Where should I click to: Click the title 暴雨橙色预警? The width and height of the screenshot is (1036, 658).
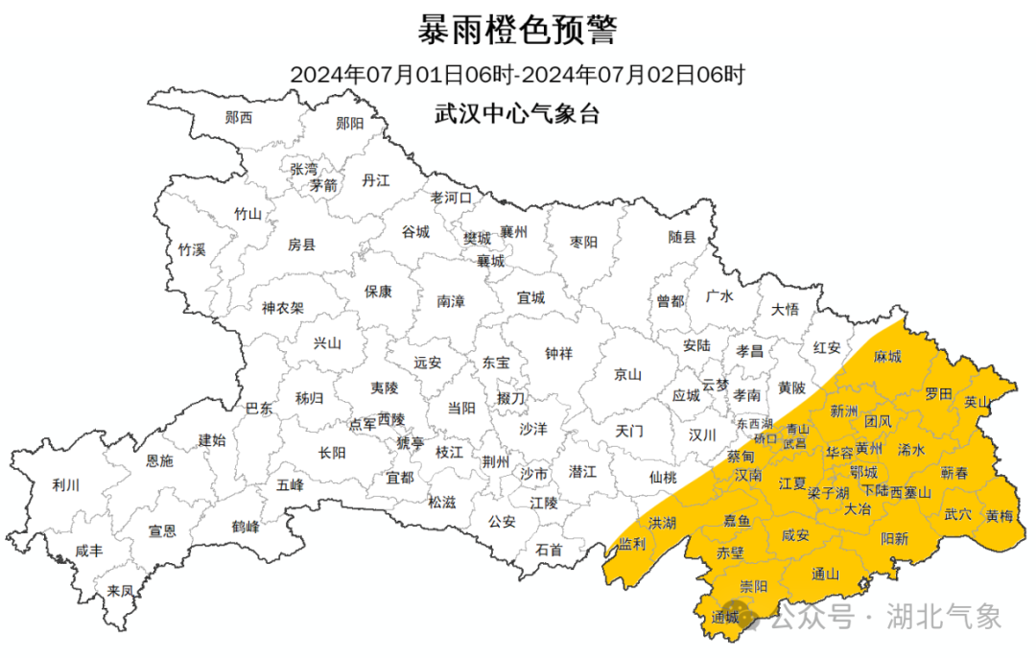point(517,31)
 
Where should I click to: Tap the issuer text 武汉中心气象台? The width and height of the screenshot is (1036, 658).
point(517,113)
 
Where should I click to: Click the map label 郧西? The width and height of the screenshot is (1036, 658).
point(239,118)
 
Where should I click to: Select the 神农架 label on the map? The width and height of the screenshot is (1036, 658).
point(283,308)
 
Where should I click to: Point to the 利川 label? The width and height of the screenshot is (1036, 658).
point(65,485)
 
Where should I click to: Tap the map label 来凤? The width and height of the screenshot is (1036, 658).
point(120,591)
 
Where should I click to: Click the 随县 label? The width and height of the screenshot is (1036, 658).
point(682,237)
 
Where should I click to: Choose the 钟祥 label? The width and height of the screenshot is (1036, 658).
point(558,353)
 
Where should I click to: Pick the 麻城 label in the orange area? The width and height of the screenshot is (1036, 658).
point(887,357)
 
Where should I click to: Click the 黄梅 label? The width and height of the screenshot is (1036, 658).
point(999,516)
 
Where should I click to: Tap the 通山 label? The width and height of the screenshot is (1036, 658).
point(825,575)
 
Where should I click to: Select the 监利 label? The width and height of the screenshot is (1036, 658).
point(631,543)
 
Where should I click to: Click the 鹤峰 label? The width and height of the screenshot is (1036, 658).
point(246,527)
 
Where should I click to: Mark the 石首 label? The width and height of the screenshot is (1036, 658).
point(549,550)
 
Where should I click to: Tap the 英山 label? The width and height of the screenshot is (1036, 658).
point(977,402)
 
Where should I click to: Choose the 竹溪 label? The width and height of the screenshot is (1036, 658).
point(192,249)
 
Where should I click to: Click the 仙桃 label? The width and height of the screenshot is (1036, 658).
point(663,476)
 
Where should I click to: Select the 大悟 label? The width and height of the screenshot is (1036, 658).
point(785,309)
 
